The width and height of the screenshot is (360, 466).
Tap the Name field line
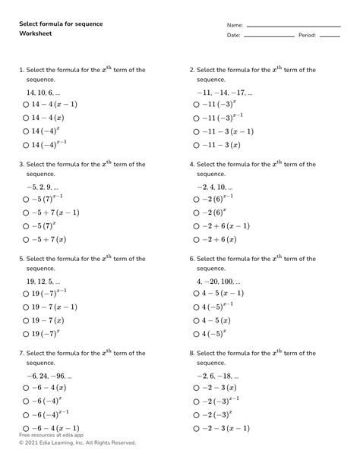point(293,27)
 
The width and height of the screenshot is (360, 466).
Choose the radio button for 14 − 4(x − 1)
point(27,105)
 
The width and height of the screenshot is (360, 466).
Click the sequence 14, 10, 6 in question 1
point(43,91)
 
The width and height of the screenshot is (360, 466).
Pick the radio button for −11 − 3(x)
point(197,145)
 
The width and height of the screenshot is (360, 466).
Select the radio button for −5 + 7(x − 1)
point(27,213)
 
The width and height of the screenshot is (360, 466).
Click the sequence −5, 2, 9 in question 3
point(42,186)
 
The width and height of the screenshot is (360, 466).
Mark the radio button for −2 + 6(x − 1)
point(197,226)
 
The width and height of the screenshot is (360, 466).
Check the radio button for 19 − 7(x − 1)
point(27,307)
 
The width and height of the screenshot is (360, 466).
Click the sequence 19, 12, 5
point(43,281)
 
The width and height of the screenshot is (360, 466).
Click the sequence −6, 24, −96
point(49,376)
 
